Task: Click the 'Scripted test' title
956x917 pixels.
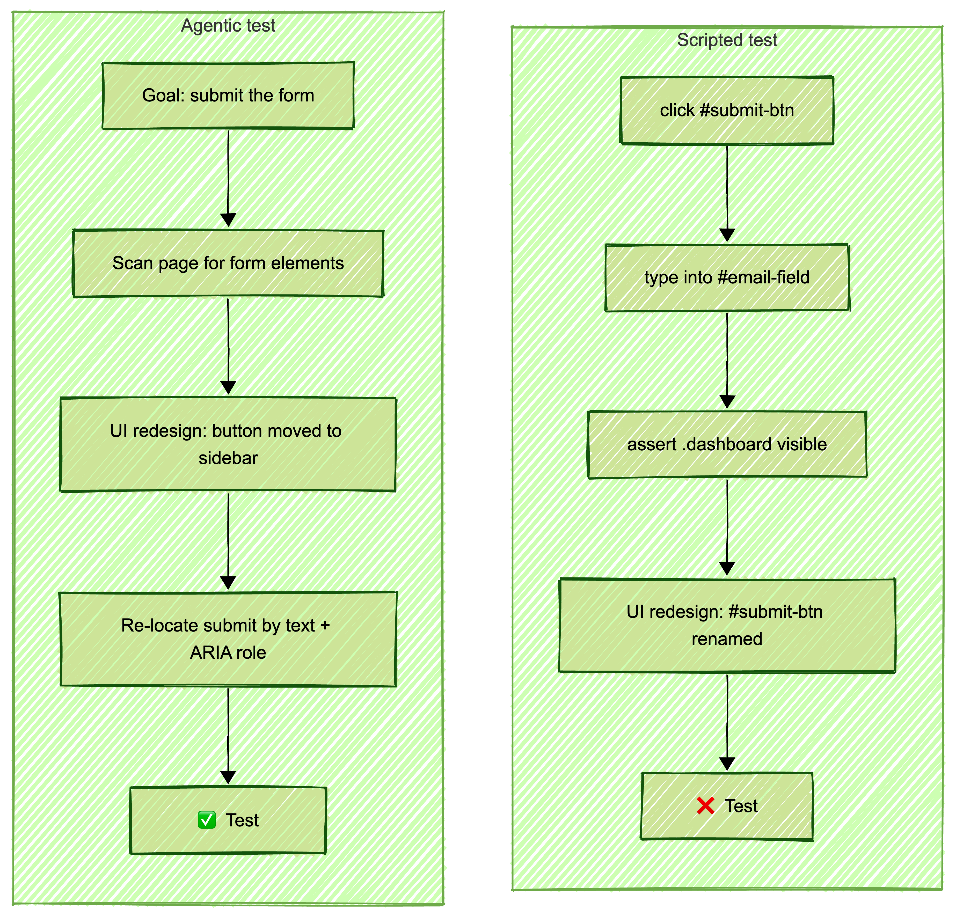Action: point(727,40)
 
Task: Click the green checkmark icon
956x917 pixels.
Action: point(207,820)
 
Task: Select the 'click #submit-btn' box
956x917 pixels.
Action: point(727,110)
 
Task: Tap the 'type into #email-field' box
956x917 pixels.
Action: point(727,277)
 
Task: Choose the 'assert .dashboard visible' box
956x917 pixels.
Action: point(727,444)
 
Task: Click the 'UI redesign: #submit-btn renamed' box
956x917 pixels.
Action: point(727,625)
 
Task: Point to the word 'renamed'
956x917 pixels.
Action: point(727,639)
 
